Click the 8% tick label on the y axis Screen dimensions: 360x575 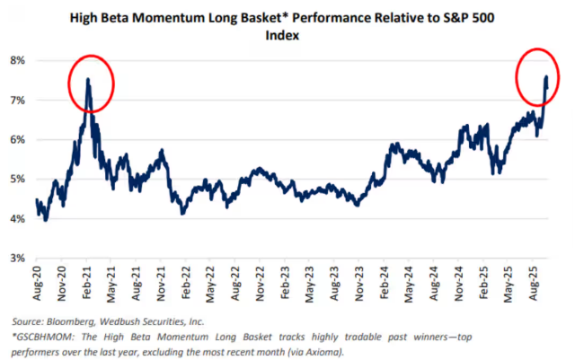pyautogui.click(x=17, y=60)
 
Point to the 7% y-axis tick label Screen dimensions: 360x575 pyautogui.click(x=17, y=100)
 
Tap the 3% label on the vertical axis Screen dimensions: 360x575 pyautogui.click(x=17, y=258)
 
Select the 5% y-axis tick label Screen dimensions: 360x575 pyautogui.click(x=17, y=179)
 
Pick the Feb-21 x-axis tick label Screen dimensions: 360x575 pyautogui.click(x=87, y=283)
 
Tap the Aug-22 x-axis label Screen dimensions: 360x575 pyautogui.click(x=234, y=283)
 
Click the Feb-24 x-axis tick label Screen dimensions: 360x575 pyautogui.click(x=382, y=283)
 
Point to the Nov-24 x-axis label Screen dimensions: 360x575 pyautogui.click(x=456, y=283)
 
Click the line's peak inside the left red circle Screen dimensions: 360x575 pyautogui.click(x=87, y=79)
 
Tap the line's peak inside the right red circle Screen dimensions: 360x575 pyautogui.click(x=547, y=77)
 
